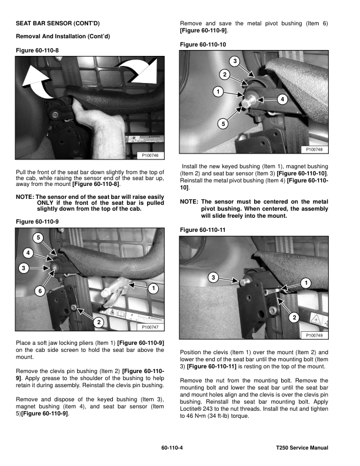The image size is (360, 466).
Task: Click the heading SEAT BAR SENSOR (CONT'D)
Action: point(57,23)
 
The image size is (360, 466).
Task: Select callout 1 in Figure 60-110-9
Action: point(153,288)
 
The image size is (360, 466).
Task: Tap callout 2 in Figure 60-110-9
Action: point(99,322)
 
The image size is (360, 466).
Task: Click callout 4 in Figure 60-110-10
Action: point(283,99)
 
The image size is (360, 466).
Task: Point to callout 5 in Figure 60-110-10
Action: point(223,124)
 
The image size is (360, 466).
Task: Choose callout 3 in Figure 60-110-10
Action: point(235,62)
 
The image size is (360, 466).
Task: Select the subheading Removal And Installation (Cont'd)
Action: point(63,36)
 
